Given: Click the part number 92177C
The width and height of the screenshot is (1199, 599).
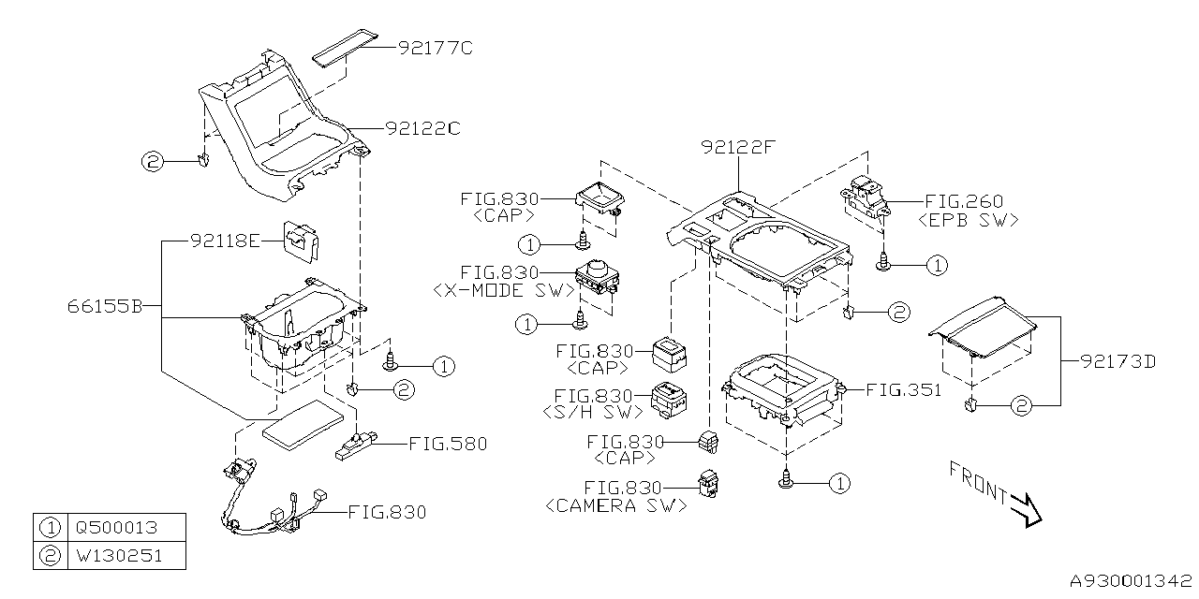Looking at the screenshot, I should coord(435,46).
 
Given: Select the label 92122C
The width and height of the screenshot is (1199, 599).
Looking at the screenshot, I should coord(422,127).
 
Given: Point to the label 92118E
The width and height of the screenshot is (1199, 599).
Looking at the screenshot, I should coord(225,241).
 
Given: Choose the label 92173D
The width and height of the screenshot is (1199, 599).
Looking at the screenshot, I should coord(1116,360).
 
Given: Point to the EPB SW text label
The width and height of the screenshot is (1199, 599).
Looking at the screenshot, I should coord(969,221).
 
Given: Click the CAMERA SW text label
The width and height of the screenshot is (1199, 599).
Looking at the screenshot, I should coord(615,505).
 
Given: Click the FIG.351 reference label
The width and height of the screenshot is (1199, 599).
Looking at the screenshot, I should coord(903,390).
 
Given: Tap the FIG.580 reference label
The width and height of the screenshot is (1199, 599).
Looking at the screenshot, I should coord(448,444).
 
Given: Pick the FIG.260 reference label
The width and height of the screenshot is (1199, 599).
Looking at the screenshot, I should coord(964,201).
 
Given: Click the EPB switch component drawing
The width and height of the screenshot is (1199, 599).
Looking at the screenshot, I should coord(866,195).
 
